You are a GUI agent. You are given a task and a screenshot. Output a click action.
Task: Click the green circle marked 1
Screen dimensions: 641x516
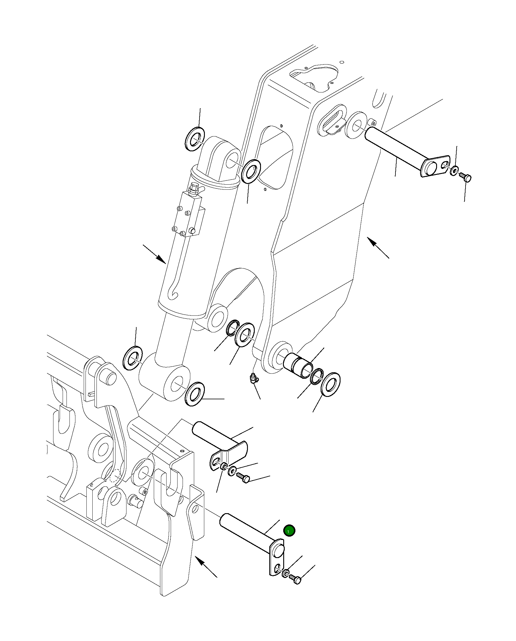click(x=289, y=531)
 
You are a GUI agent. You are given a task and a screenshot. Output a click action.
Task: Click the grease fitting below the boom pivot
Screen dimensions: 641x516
click(x=253, y=379)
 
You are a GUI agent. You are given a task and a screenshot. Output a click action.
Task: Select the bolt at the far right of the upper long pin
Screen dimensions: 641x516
click(x=465, y=177)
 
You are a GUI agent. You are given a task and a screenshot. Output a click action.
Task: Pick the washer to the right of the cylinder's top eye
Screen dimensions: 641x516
click(x=251, y=171)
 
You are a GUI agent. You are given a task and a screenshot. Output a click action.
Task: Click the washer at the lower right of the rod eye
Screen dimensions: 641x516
click(x=194, y=393)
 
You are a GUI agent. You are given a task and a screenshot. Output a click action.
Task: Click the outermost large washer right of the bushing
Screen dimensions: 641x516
click(x=330, y=384)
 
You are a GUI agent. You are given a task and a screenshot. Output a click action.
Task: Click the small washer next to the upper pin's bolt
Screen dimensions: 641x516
click(x=454, y=171)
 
